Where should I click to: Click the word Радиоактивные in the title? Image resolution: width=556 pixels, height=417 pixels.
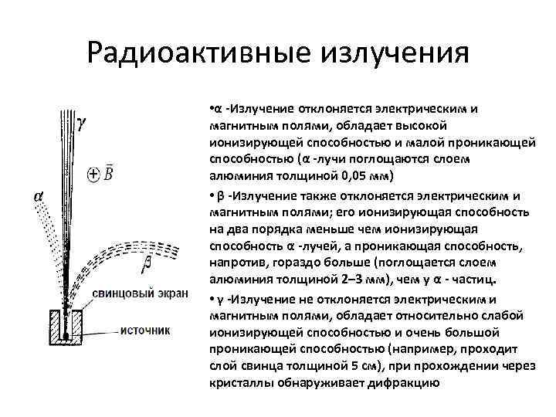tap(194, 54)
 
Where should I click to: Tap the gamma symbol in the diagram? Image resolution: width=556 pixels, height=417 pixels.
tap(83, 124)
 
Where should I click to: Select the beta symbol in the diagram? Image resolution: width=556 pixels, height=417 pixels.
tap(147, 265)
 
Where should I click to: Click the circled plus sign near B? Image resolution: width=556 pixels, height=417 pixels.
tap(93, 175)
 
